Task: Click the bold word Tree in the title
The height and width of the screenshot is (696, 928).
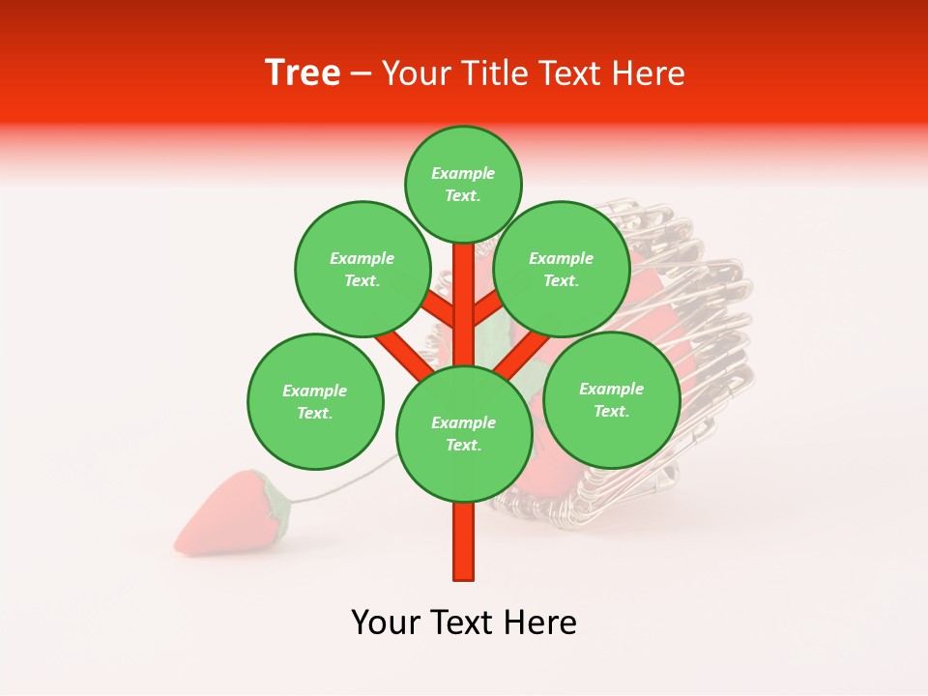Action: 303,73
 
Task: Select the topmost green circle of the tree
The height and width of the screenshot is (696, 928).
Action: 463,184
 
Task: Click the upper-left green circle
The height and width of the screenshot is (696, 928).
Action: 362,269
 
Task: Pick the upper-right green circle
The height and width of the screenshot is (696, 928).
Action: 562,269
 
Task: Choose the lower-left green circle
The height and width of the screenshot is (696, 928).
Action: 315,401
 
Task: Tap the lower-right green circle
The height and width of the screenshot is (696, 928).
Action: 611,399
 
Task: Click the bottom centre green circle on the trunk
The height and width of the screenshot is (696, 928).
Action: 463,434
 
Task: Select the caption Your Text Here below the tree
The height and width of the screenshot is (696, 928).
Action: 464,623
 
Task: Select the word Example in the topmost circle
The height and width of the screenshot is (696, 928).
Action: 463,173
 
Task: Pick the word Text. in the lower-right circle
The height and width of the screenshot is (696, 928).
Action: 611,411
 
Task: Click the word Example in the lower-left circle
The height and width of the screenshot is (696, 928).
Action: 315,391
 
